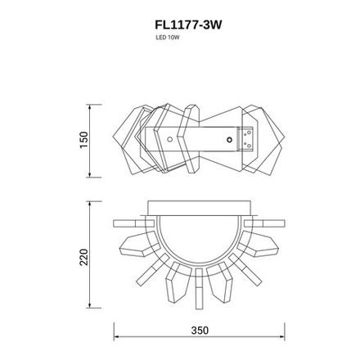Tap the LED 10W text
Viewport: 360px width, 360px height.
168,38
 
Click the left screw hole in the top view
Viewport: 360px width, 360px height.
169,140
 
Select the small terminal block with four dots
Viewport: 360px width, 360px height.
246,140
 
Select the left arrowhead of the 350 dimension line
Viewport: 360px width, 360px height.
115,338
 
